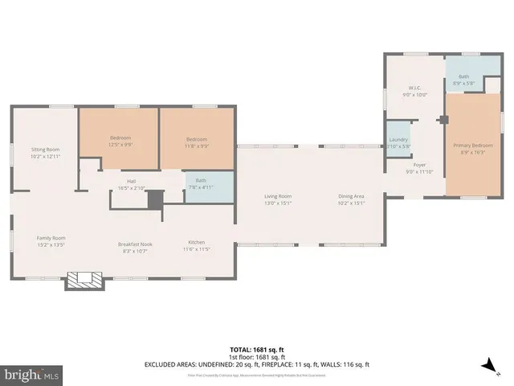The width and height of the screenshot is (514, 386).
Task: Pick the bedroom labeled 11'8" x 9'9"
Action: (x=197, y=141)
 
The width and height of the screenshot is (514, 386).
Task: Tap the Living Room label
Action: (x=279, y=199)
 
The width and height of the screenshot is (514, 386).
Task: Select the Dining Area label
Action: (x=351, y=199)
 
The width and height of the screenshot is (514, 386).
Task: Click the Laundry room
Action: (x=398, y=142)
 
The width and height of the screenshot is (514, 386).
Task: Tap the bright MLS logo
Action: (x=32, y=374)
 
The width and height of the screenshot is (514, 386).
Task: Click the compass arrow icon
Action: (x=487, y=366)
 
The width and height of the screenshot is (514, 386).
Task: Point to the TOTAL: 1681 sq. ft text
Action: (x=256, y=350)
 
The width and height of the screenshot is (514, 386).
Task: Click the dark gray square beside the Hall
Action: (x=156, y=199)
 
